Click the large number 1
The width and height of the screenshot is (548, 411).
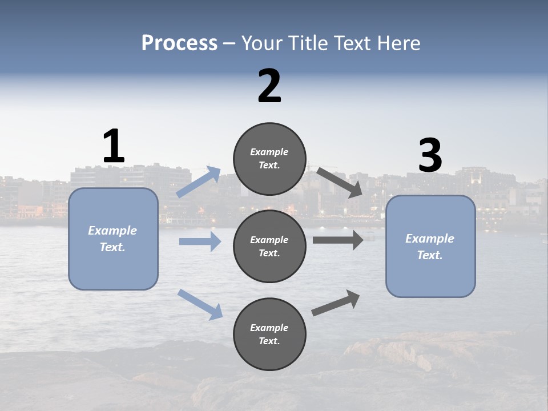point(114,147)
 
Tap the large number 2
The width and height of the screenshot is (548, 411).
point(269,86)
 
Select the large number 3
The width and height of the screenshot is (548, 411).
point(430,156)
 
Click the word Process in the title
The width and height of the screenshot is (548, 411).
point(179,43)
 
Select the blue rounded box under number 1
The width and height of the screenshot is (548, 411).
point(113,239)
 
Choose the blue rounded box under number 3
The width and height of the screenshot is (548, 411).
point(430,247)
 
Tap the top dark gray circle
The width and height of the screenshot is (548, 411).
point(269,159)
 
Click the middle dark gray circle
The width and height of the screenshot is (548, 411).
point(269,247)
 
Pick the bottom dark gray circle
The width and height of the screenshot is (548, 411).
point(269,335)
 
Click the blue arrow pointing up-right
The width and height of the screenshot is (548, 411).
point(199,182)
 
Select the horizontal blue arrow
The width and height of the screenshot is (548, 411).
point(200,241)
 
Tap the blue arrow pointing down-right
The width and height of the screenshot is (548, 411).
point(200,304)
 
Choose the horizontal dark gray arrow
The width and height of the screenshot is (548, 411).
point(338,240)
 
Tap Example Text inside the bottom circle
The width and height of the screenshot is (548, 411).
point(269,335)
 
